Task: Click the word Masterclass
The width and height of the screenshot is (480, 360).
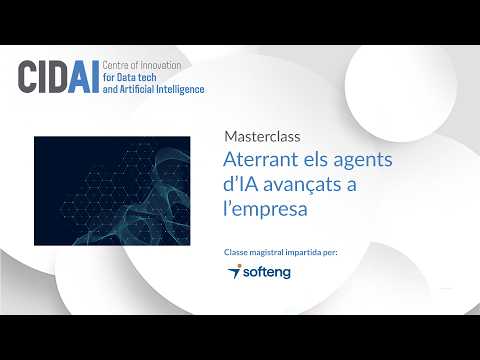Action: point(262,137)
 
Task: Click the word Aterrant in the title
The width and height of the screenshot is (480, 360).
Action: point(260,159)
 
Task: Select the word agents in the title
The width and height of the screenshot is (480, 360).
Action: point(363,161)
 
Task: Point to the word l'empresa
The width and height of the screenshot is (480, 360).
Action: point(265,209)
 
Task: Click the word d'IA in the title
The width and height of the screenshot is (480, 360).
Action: point(240,184)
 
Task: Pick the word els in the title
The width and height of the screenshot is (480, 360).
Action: point(315,159)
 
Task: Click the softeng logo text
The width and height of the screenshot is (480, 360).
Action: point(267,272)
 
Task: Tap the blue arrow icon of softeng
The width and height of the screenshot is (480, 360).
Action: point(234,271)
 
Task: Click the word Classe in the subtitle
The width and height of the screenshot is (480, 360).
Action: point(236,252)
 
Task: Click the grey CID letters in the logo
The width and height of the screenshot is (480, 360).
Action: point(42,77)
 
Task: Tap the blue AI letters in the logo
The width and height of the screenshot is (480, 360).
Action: point(84,77)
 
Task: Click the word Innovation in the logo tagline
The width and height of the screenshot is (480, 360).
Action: point(160,65)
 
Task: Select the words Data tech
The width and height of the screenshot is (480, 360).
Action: point(137,77)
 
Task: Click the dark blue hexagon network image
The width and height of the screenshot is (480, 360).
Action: point(112,191)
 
